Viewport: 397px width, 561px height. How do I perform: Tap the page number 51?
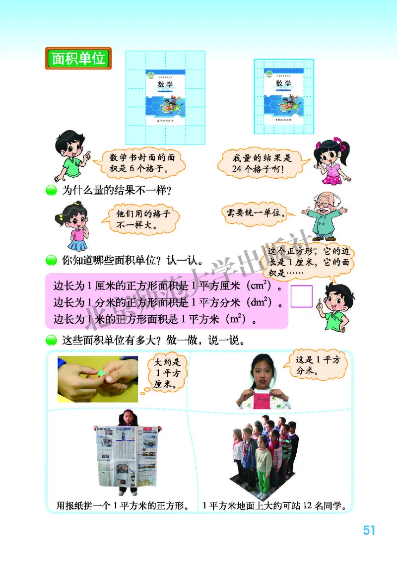(369, 530)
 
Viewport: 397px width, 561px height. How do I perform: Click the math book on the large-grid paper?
(166, 94)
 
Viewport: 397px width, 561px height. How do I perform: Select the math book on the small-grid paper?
(283, 96)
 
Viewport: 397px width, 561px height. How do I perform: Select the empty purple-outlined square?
(301, 296)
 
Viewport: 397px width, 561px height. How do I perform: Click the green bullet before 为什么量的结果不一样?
(52, 191)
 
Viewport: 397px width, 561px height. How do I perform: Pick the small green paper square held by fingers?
(102, 373)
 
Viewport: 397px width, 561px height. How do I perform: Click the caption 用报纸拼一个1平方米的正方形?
(122, 506)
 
